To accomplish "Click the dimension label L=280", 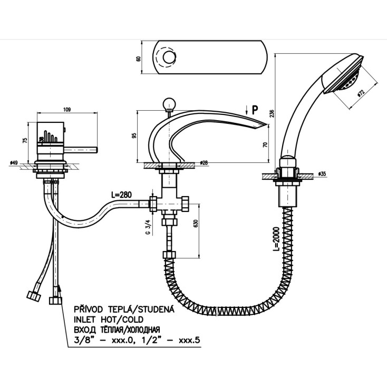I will click(122, 195).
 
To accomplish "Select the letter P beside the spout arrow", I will click(255, 110).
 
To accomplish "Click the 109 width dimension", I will click(66, 110).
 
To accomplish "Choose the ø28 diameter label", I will click(203, 163).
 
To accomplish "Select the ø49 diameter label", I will click(14, 163).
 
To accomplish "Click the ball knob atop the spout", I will click(170, 103).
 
